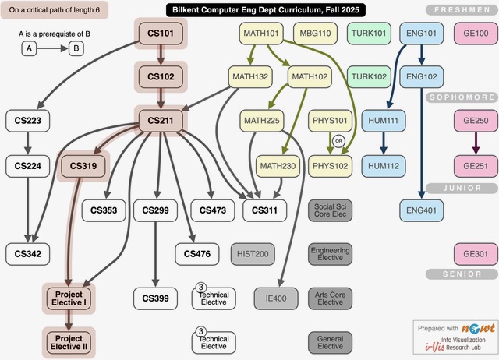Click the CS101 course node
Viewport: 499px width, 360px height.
160,34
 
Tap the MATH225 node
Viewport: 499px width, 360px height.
262,121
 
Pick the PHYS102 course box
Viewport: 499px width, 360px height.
331,165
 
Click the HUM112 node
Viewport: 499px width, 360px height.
384,165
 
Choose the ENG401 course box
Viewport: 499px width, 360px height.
422,210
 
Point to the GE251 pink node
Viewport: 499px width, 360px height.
476,165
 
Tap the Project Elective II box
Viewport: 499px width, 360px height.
69,341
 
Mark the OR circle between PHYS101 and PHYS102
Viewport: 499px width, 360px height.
338,141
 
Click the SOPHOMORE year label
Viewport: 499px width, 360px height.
462,97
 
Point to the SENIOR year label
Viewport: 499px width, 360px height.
462,274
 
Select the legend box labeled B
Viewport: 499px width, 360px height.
76,48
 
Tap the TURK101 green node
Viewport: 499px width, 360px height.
369,34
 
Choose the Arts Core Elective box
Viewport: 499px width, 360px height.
330,298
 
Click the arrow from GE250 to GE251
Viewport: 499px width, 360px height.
476,143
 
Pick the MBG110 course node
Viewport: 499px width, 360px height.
314,34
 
